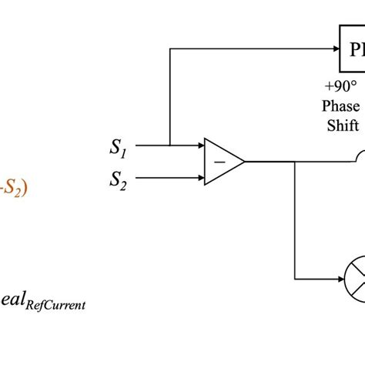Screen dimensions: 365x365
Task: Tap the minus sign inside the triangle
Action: coord(220,162)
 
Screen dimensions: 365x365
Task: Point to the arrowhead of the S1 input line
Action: coord(199,145)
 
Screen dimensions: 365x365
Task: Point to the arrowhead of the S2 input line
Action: coord(199,179)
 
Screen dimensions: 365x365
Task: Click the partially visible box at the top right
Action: coord(353,49)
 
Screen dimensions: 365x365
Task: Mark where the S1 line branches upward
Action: coord(169,145)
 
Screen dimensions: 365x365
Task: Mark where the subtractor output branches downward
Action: coord(295,162)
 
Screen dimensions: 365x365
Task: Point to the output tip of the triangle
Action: coord(245,162)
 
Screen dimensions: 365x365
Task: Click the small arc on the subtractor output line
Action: coord(359,157)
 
